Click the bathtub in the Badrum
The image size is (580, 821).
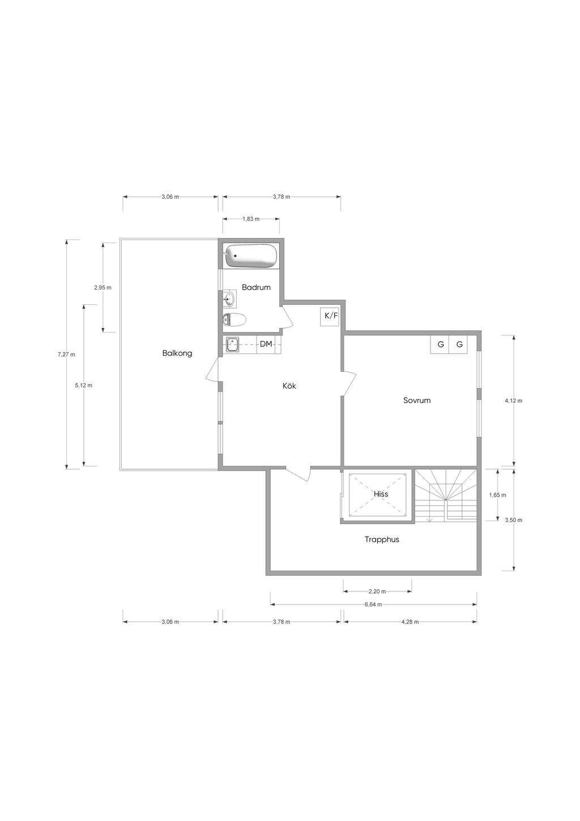(x=250, y=256)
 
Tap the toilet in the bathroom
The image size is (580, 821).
(x=234, y=320)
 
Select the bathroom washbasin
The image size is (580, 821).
(x=229, y=299)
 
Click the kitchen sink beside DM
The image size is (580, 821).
(x=232, y=345)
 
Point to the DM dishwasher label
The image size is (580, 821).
(x=266, y=344)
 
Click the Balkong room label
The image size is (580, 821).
(x=177, y=354)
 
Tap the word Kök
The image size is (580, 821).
(x=289, y=386)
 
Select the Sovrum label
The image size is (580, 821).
(x=417, y=400)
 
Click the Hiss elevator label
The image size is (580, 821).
(x=381, y=494)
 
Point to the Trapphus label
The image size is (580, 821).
(x=382, y=539)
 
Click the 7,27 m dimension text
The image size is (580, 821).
(x=66, y=355)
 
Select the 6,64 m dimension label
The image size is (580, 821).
(x=373, y=605)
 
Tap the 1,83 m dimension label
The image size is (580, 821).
(x=251, y=219)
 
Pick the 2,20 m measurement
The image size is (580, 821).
(x=377, y=591)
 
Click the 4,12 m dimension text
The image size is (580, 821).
(x=514, y=401)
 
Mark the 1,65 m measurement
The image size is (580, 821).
(x=497, y=495)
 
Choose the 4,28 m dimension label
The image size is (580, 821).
(x=410, y=622)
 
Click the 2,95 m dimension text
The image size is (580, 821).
(x=103, y=288)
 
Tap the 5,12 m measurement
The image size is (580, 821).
(x=83, y=385)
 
